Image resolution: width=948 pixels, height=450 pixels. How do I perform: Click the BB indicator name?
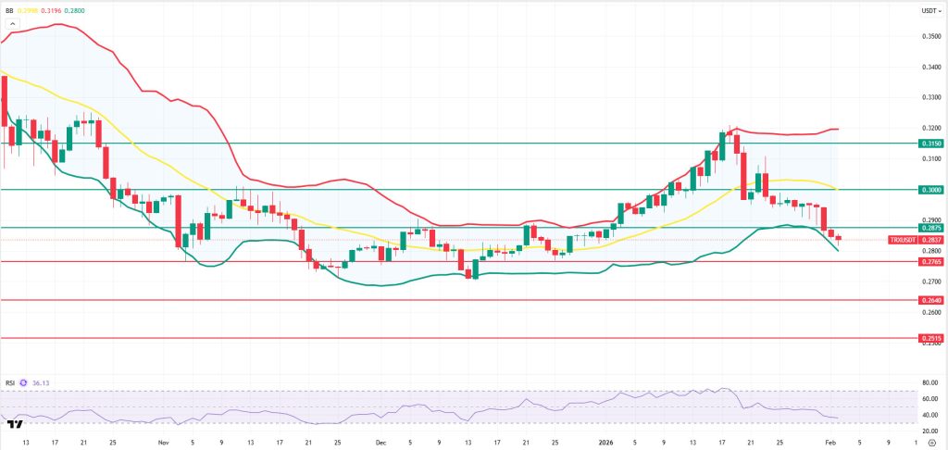pyautogui.click(x=12, y=10)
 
